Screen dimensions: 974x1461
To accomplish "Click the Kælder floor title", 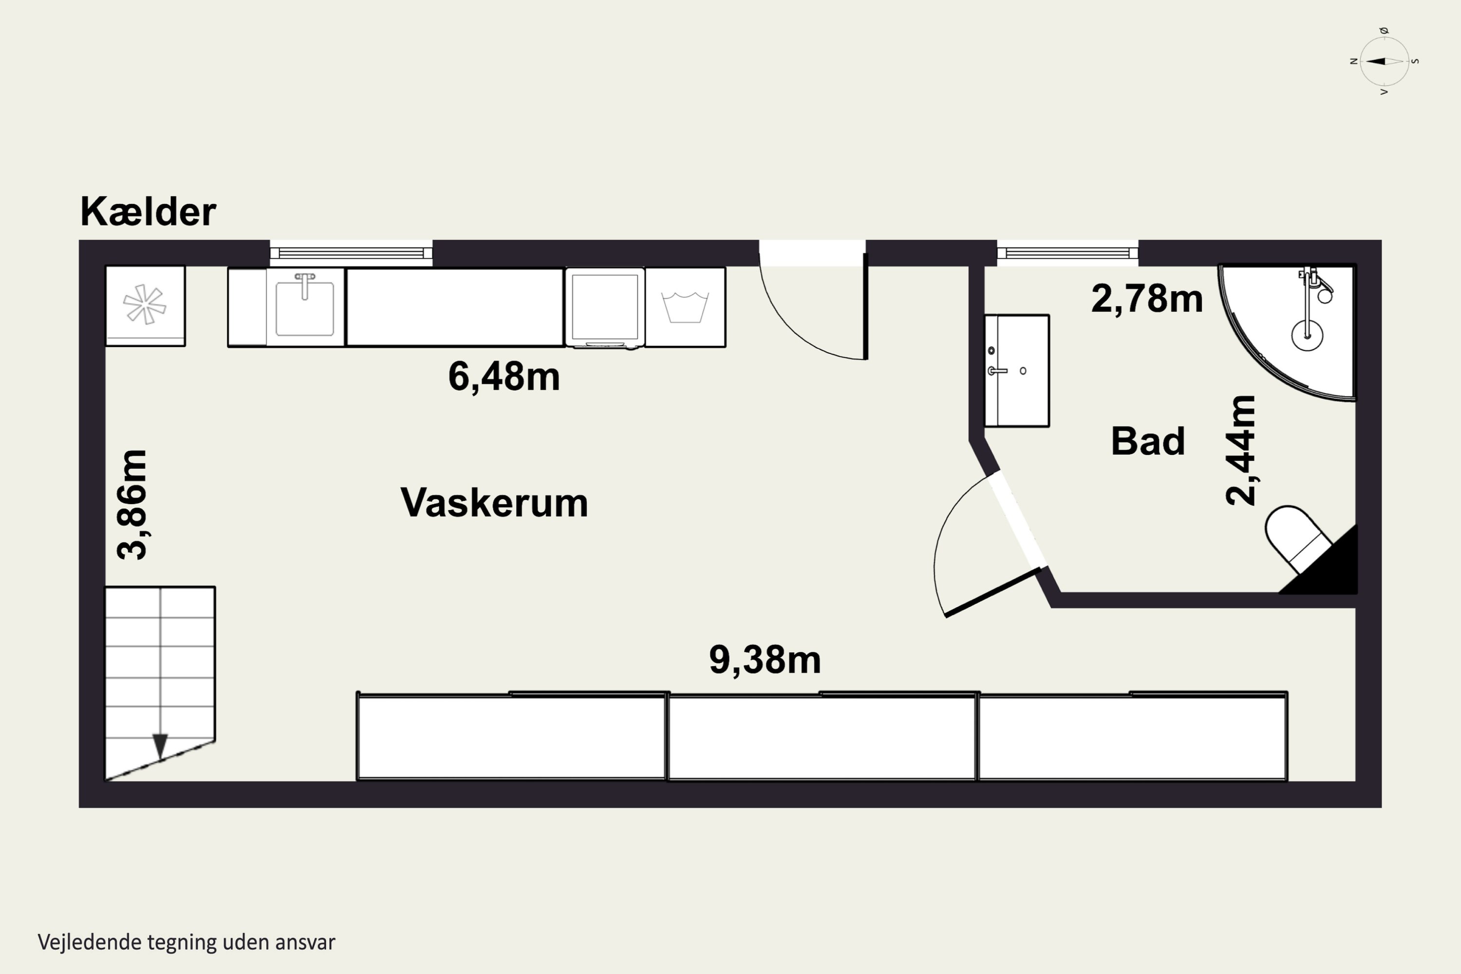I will [x=148, y=212].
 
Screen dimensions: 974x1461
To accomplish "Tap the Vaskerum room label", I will [x=494, y=503].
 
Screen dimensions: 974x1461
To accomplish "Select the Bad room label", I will [x=1148, y=441].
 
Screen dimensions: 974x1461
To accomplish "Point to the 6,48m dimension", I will [x=504, y=376].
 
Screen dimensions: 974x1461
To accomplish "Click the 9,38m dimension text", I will [x=765, y=660].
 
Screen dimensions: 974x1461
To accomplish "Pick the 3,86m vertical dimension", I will [x=132, y=505].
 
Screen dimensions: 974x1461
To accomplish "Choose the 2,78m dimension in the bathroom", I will [x=1147, y=298].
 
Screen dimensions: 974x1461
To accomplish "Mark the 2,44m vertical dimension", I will [x=1240, y=450].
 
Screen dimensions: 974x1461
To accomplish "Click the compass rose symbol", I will [x=1384, y=61].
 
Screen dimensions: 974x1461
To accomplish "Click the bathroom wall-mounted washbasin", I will [x=1017, y=371].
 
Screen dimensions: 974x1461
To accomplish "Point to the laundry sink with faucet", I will [x=304, y=307].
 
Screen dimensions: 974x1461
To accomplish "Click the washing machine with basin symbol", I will [x=685, y=307].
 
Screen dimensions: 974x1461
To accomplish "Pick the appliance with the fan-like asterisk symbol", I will [x=145, y=306].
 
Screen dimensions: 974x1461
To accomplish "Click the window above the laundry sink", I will [x=351, y=253].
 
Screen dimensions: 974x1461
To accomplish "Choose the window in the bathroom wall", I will [x=1067, y=253].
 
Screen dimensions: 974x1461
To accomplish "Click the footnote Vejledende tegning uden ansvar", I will [x=187, y=942].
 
